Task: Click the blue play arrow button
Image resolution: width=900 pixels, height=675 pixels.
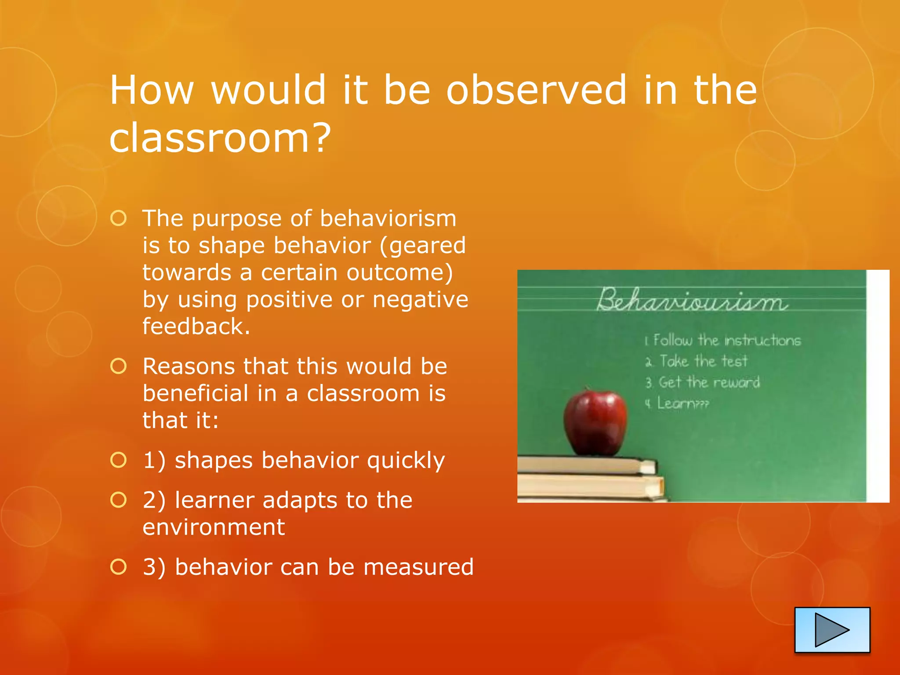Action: tap(832, 630)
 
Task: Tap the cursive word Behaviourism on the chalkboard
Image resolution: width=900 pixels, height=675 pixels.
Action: tap(692, 301)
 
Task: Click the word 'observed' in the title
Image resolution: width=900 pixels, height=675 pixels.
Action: tap(536, 90)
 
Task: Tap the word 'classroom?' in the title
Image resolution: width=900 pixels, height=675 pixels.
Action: tap(220, 138)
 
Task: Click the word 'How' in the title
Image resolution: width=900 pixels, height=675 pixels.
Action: tap(152, 90)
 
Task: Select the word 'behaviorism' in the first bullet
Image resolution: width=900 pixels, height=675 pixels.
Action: tap(388, 218)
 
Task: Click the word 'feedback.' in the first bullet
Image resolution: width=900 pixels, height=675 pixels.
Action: tap(196, 327)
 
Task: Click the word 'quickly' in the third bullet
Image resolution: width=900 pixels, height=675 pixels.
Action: tap(406, 461)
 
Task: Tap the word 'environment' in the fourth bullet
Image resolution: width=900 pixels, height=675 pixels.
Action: tap(214, 527)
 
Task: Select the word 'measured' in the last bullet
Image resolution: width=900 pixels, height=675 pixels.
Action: tap(418, 567)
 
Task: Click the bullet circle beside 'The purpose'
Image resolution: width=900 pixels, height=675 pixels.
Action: tap(119, 218)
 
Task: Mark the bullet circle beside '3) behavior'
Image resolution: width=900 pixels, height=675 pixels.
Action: tap(119, 567)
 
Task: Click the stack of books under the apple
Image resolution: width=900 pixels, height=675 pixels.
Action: tap(589, 479)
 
